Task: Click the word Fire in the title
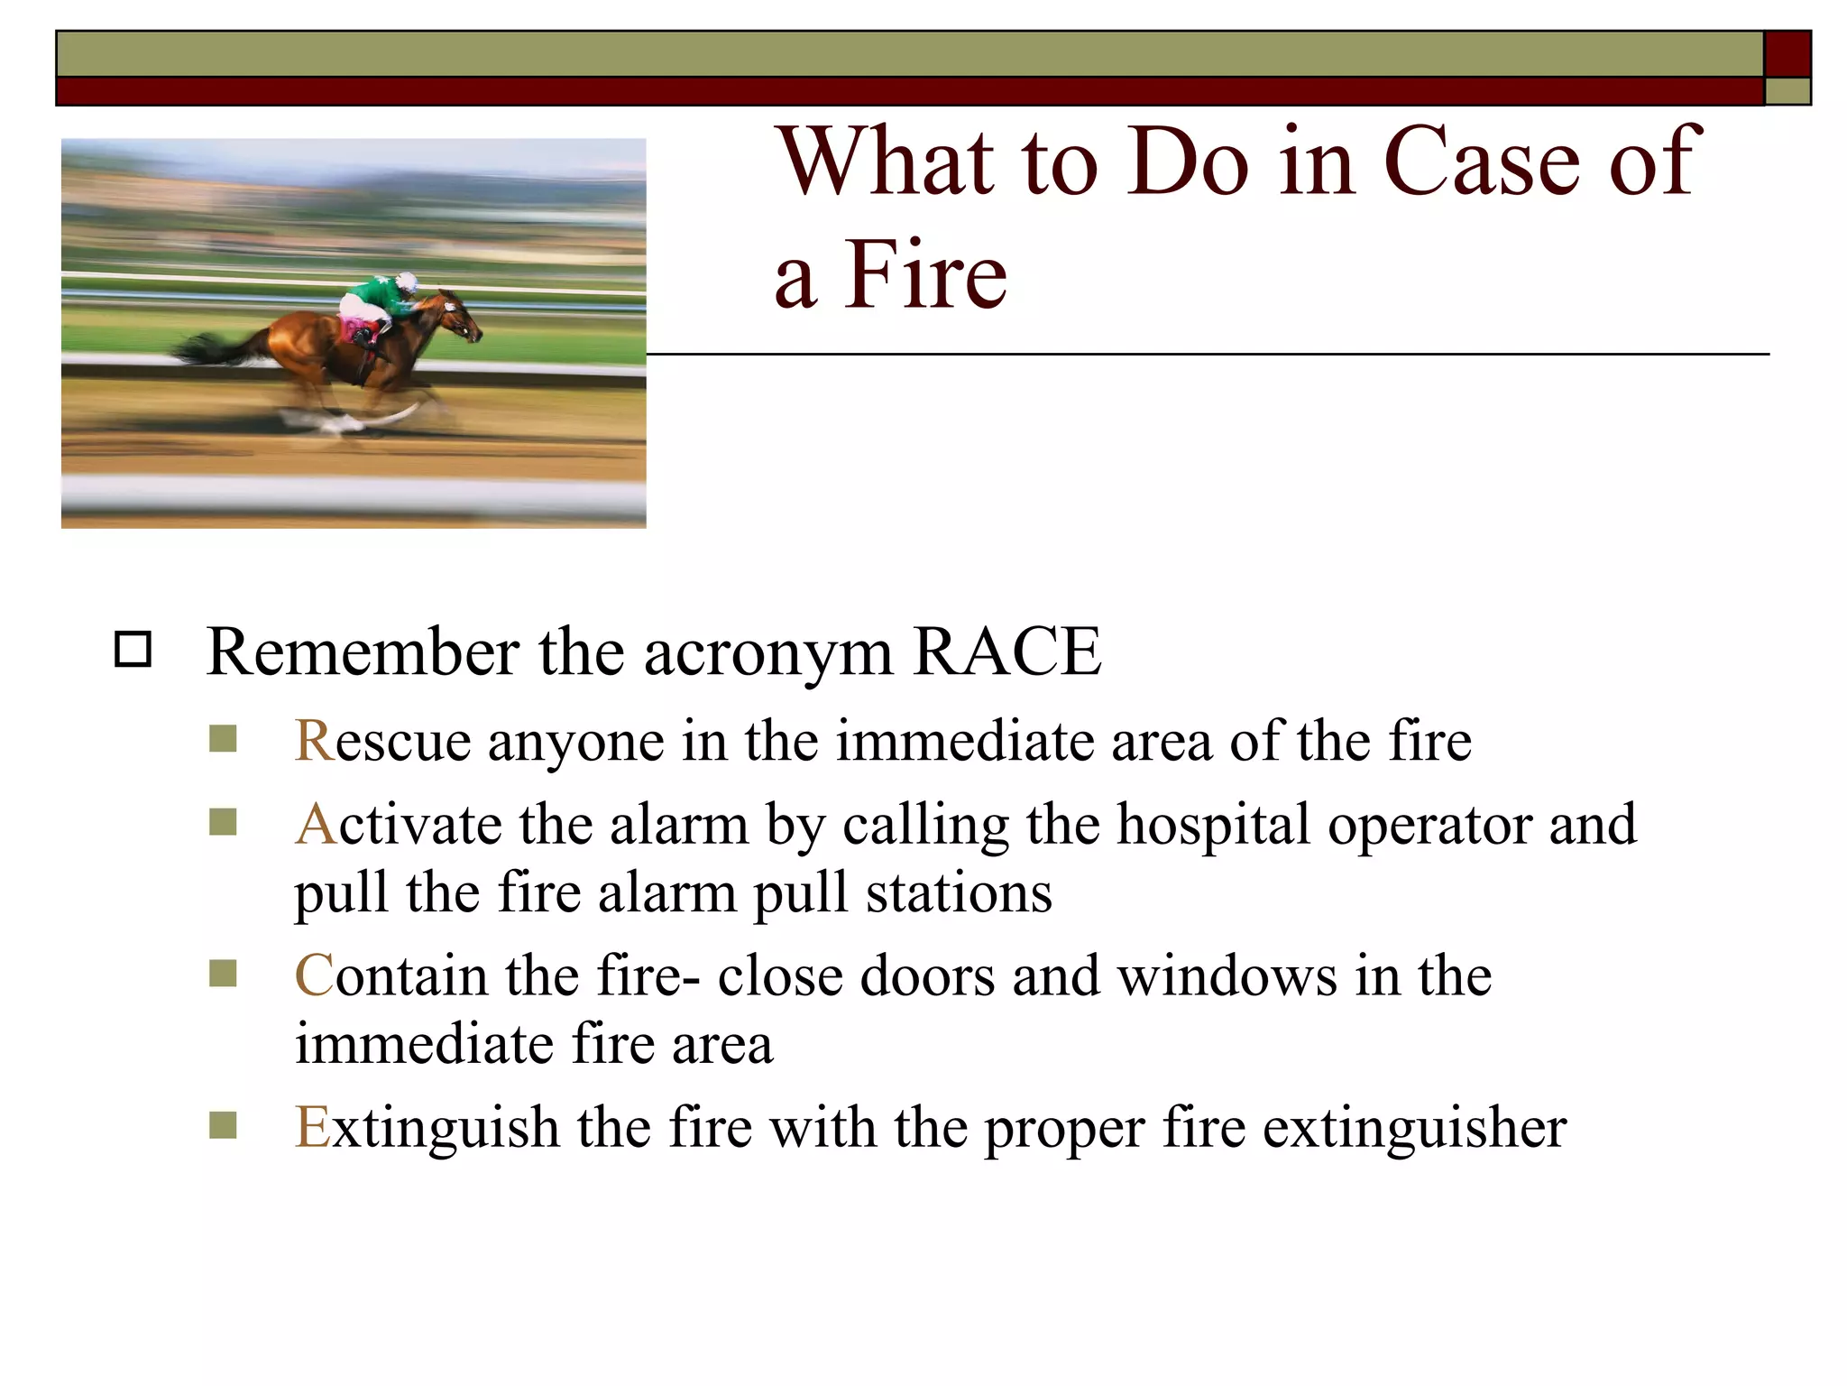click(925, 274)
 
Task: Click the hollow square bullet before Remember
click(133, 650)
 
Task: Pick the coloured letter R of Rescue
click(315, 741)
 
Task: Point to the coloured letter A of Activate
click(316, 824)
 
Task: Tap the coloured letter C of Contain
click(314, 975)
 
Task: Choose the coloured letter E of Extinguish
click(312, 1127)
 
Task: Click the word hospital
click(1213, 826)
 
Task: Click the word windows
click(1227, 975)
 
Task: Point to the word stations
click(959, 892)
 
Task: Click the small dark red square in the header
click(1787, 54)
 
